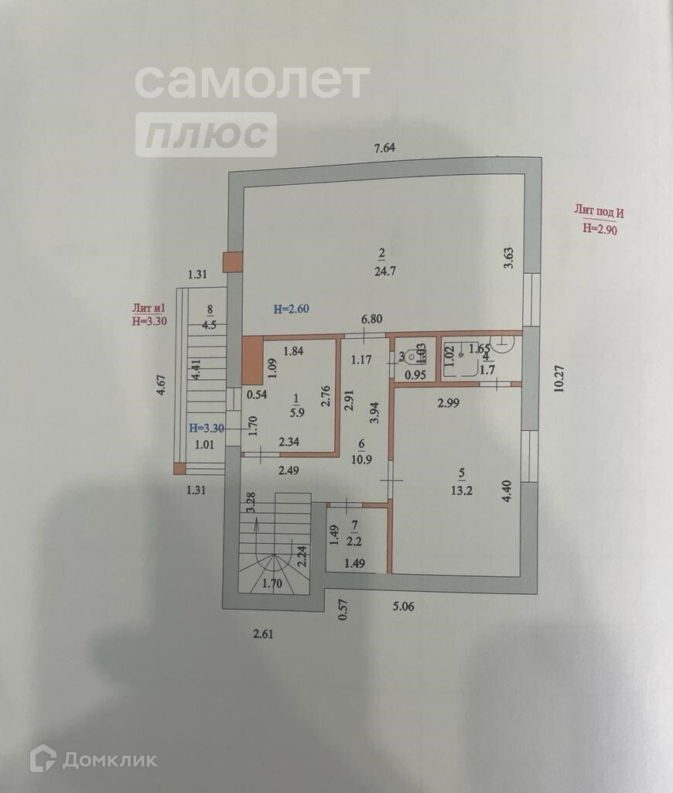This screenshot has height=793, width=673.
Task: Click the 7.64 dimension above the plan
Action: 384,149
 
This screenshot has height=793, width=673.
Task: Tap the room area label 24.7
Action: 381,272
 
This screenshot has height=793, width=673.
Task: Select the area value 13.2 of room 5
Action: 463,488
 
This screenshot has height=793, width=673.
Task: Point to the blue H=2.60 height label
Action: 292,309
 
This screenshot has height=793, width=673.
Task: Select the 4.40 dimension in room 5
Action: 507,492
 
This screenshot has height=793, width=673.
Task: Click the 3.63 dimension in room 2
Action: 508,257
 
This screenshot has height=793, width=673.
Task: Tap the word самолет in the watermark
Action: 252,81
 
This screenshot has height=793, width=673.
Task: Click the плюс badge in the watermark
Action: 207,135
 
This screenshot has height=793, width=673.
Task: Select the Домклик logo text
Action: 108,760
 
